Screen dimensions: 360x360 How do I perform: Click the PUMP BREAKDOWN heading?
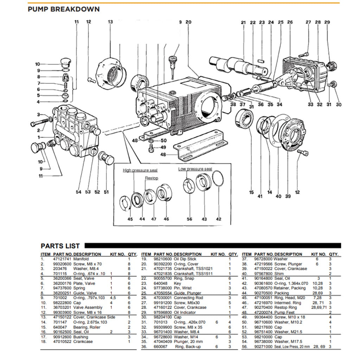(x=64, y=9)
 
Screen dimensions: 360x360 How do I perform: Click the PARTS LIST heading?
(x=60, y=246)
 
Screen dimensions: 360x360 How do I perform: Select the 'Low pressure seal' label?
(x=195, y=169)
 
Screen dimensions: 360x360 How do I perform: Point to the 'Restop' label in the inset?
(x=152, y=178)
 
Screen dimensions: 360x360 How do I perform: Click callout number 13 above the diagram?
(x=110, y=22)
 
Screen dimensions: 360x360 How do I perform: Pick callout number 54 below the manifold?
(x=79, y=192)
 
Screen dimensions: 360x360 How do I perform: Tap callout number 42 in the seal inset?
(x=219, y=219)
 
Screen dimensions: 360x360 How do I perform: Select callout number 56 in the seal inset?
(x=189, y=219)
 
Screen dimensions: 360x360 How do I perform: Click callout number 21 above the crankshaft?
(x=243, y=22)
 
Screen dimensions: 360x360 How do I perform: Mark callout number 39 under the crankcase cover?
(x=288, y=196)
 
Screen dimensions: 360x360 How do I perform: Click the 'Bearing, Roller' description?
(x=87, y=327)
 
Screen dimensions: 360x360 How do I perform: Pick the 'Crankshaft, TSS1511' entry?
(x=193, y=273)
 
